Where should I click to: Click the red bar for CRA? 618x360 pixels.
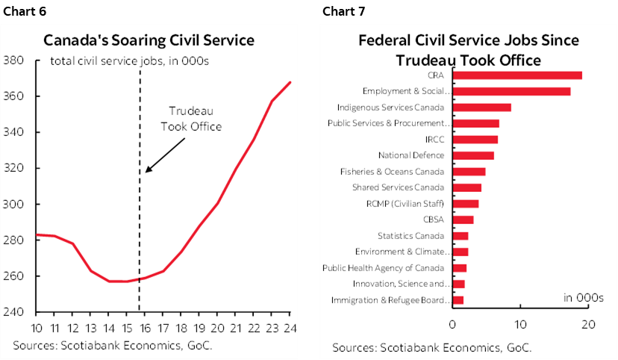516,75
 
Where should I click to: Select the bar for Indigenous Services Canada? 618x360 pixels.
481,107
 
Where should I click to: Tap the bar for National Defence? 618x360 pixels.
472,155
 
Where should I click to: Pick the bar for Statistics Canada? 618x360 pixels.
460,236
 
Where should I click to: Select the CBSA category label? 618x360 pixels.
433,220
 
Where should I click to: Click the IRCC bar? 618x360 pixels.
475,140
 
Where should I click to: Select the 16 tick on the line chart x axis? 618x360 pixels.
145,328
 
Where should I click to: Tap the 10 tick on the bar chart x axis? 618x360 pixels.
520,324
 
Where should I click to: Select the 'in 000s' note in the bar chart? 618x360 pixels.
583,297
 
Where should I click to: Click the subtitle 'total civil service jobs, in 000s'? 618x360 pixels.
129,60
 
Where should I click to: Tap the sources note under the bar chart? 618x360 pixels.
432,348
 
